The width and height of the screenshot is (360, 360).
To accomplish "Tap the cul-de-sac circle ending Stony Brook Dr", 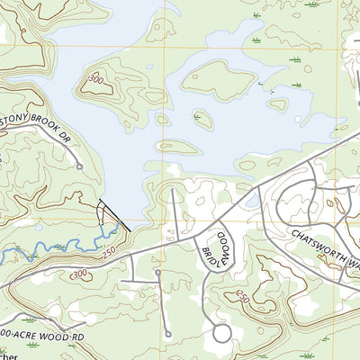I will (x=79, y=166).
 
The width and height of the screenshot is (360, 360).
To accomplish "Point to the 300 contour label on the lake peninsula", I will (x=94, y=80).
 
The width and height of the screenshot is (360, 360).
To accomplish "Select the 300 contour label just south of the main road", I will (x=79, y=273).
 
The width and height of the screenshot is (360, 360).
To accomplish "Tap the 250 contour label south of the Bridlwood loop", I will (x=241, y=297).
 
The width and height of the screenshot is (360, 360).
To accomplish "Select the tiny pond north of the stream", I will (x=38, y=226).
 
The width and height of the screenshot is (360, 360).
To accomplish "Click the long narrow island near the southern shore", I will (x=176, y=146).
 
